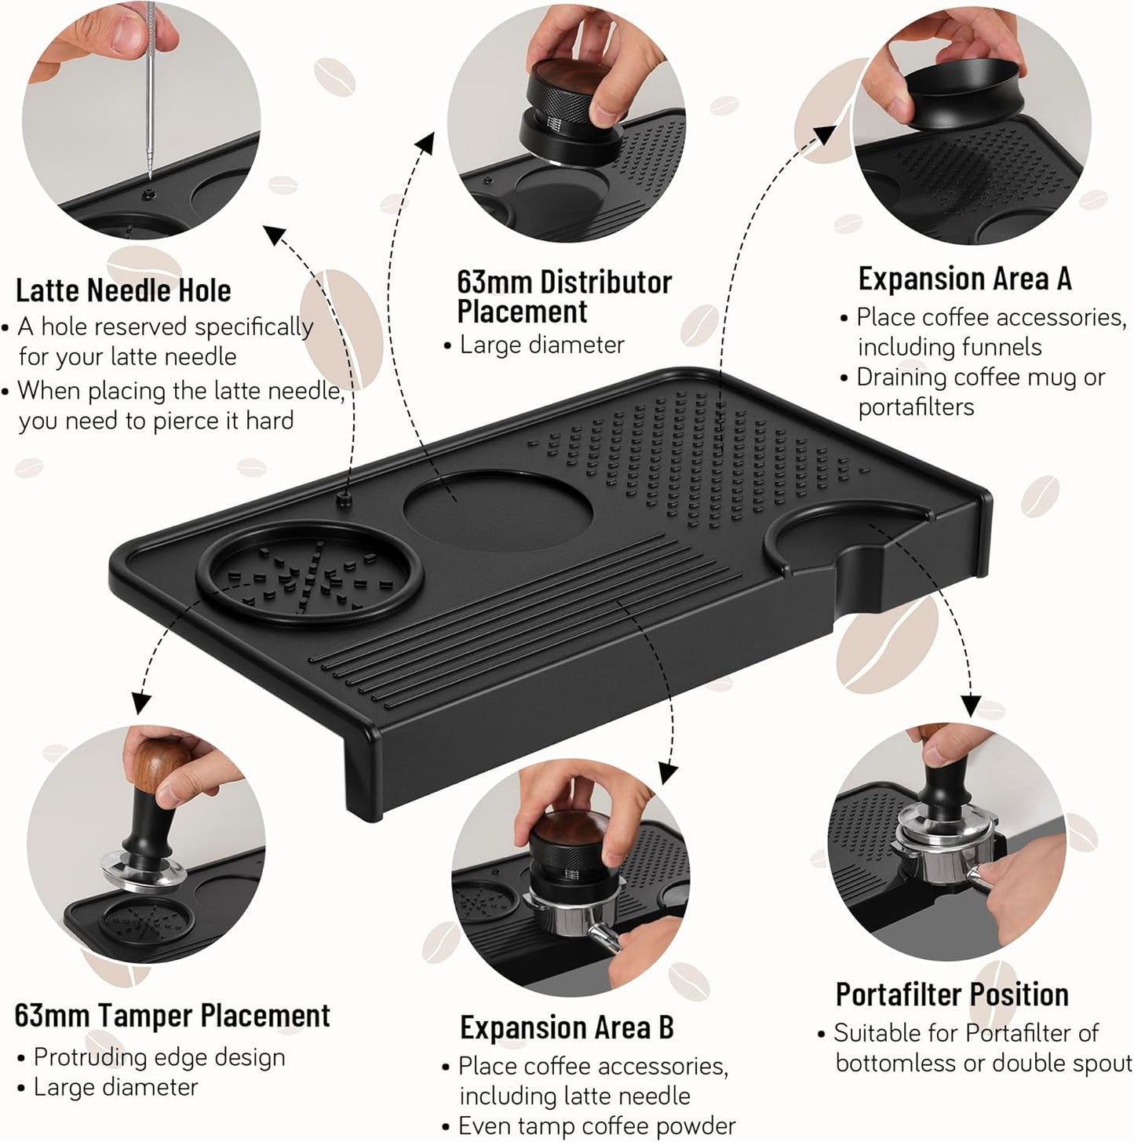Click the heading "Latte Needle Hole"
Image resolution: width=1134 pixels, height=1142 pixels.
point(123,290)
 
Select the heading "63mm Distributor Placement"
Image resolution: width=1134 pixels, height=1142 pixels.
point(563,297)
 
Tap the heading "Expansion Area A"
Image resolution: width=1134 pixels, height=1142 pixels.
point(964,279)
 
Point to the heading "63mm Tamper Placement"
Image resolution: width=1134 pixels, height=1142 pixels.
point(172,1016)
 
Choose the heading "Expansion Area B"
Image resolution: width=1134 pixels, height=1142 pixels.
point(567,1027)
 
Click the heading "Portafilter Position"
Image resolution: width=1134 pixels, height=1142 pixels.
point(951,994)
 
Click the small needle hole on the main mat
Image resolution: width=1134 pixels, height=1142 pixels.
point(343,499)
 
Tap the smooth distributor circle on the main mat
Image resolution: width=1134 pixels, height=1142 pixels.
point(498,509)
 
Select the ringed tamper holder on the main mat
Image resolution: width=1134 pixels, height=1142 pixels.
point(309,573)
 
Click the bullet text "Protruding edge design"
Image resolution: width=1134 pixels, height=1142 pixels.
point(159,1057)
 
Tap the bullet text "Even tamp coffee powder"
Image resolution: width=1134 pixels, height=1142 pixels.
point(596,1126)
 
